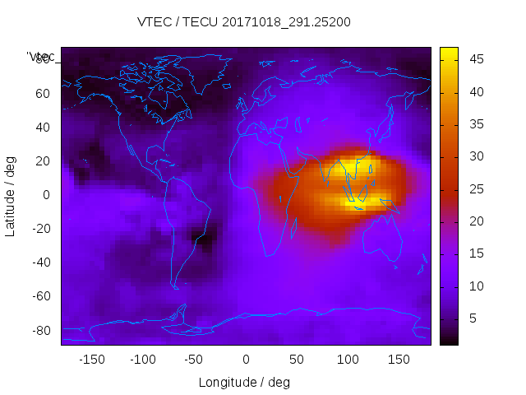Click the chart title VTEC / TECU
244,22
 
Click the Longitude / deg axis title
244,382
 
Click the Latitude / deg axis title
11,195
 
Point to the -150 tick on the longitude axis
92,360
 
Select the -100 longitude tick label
143,360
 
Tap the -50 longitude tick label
194,360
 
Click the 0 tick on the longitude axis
246,360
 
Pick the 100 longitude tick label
348,360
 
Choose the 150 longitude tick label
399,360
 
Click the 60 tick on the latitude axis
43,93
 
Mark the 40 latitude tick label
43,127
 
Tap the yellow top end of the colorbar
449,51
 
